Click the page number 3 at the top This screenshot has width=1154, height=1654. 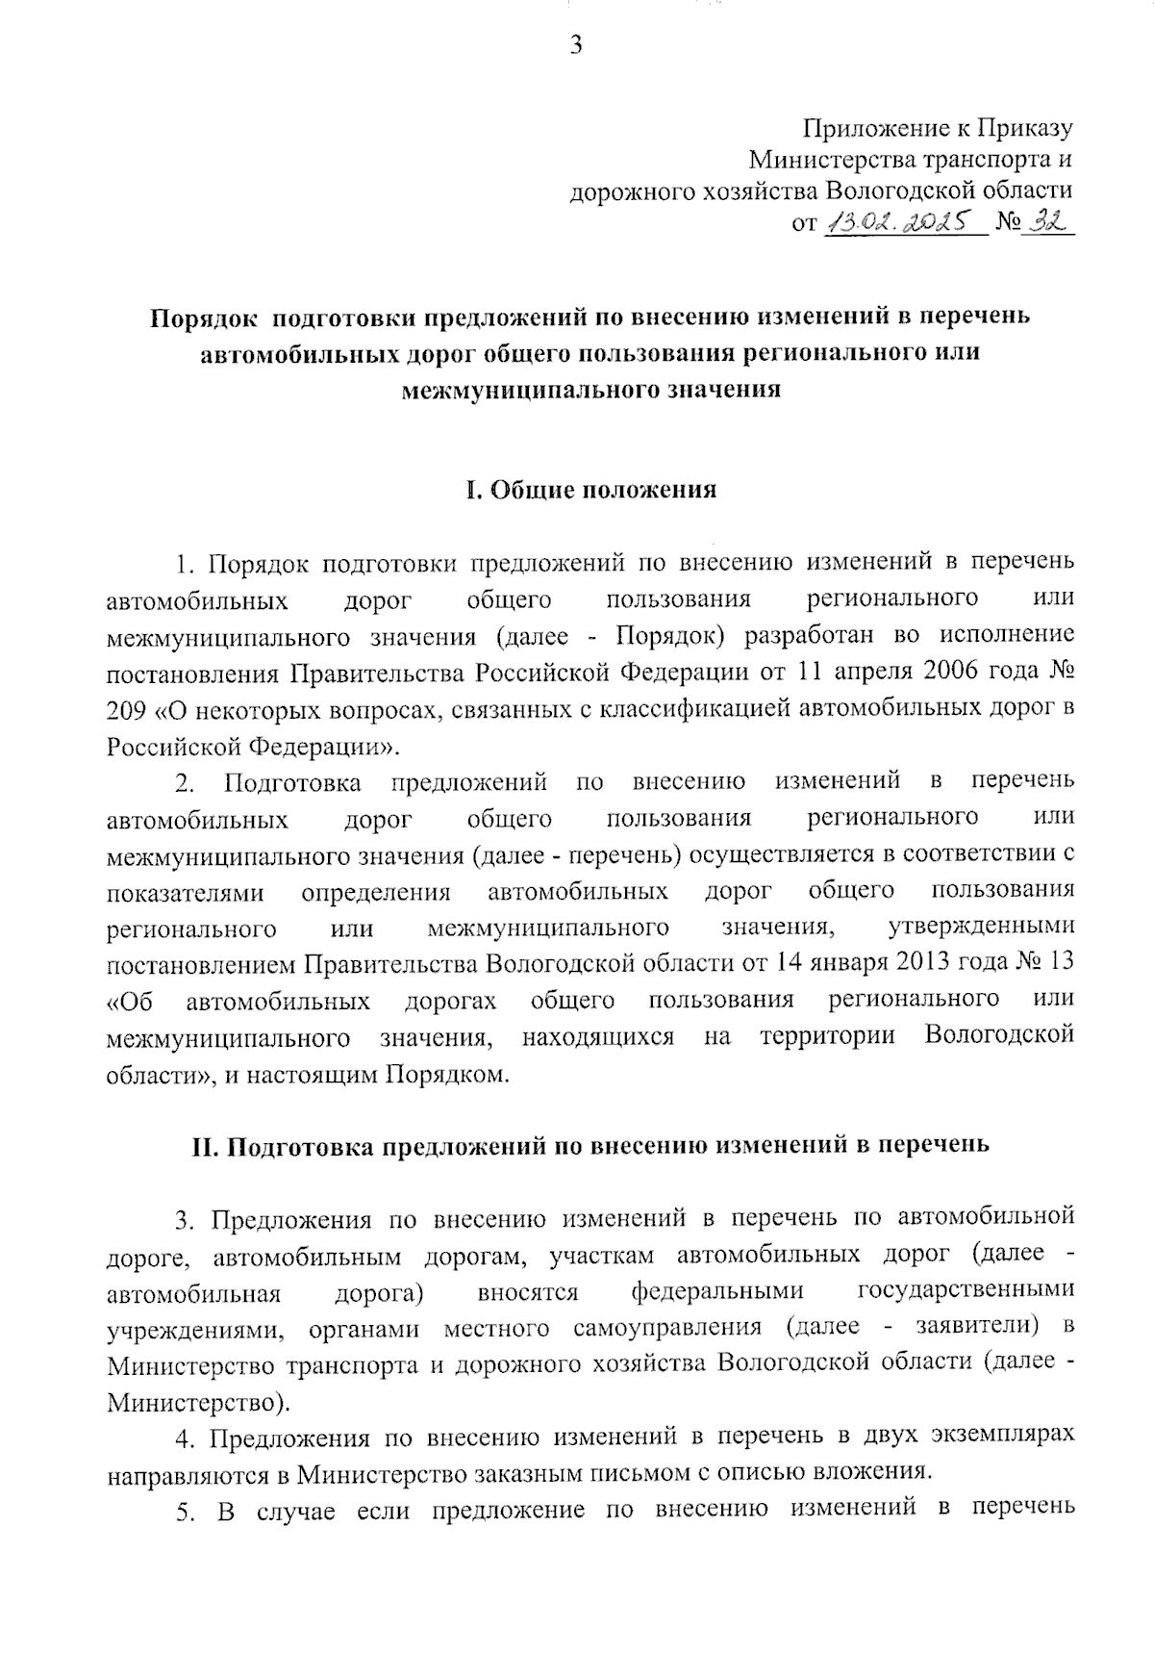pyautogui.click(x=575, y=44)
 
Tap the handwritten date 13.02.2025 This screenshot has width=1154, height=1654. pyautogui.click(x=905, y=224)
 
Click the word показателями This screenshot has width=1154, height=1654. pyautogui.click(x=186, y=892)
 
